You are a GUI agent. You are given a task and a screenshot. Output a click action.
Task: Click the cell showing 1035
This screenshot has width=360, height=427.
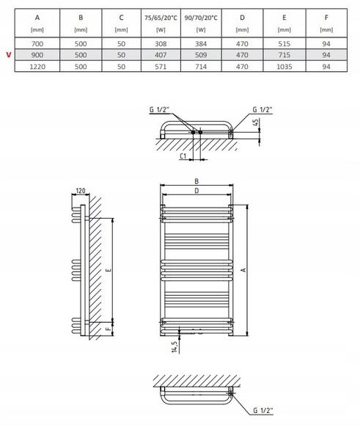pos(283,66)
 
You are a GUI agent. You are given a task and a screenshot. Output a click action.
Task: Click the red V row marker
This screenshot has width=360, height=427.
pos(8,55)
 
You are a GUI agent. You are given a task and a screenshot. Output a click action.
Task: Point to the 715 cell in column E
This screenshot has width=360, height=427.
pos(283,55)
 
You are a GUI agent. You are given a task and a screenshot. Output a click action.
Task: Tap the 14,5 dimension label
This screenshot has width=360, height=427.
pos(173,344)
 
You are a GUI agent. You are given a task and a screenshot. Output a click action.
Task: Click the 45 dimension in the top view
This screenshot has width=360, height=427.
pos(255,123)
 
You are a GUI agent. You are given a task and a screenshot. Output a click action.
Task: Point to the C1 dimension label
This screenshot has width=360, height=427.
pos(183,156)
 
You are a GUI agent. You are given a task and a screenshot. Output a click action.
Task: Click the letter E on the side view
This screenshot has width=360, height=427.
pos(108,271)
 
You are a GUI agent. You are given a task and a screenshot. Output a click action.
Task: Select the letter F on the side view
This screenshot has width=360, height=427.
pos(108,330)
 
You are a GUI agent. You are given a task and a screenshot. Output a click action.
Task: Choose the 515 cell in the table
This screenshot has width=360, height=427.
pos(283,45)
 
